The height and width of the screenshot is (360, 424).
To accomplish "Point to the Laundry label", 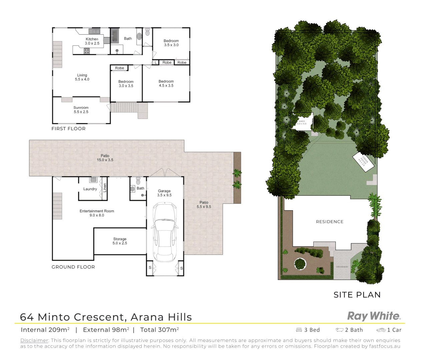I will coord(90,189).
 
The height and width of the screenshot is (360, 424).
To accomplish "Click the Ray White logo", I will coord(374,316).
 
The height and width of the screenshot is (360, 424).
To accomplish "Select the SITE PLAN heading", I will coord(357,295).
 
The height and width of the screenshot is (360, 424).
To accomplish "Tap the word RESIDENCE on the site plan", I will coord(330,222).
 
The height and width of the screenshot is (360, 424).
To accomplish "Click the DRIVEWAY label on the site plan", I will coord(342,267).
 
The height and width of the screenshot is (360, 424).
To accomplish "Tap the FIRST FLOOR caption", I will coord(68,129).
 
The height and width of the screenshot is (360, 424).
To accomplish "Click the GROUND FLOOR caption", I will coord(73,267).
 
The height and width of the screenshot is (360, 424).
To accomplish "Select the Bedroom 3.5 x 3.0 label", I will coord(171,43).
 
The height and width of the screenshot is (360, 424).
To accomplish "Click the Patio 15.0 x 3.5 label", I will coord(105,158).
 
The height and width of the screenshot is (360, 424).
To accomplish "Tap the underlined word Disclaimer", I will coord(34,340).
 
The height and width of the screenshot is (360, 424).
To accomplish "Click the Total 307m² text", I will coord(159,330).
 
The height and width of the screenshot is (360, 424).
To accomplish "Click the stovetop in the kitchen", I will coord(87,51).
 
